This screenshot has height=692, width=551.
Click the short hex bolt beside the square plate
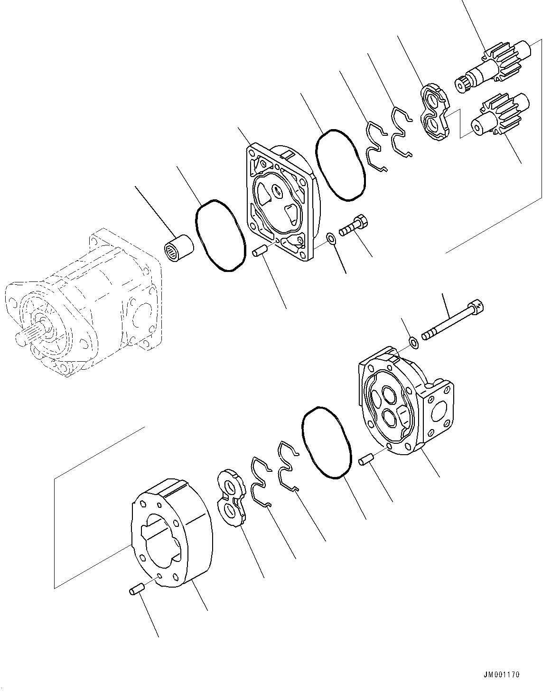click(354, 225)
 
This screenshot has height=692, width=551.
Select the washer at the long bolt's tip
click(413, 341)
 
